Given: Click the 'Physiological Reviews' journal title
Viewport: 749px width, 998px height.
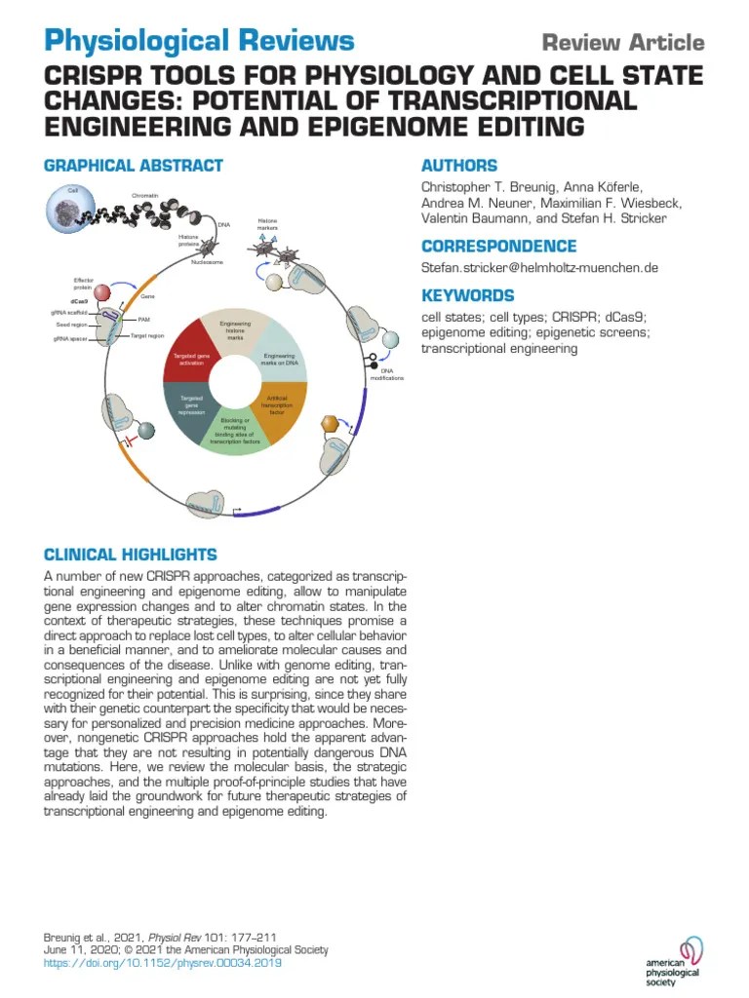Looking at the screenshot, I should pos(199,41).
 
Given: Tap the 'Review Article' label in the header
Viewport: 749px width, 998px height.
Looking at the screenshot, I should pos(622,43).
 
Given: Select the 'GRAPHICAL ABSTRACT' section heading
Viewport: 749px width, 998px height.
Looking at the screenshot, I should pos(134,166).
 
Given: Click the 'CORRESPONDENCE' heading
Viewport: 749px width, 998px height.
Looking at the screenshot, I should pos(498,247).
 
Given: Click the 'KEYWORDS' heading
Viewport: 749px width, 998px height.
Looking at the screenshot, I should pos(467,295).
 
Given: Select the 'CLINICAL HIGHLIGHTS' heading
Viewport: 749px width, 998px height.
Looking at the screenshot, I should pos(131,555).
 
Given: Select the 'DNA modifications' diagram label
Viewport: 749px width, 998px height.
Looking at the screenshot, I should pos(386,374).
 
